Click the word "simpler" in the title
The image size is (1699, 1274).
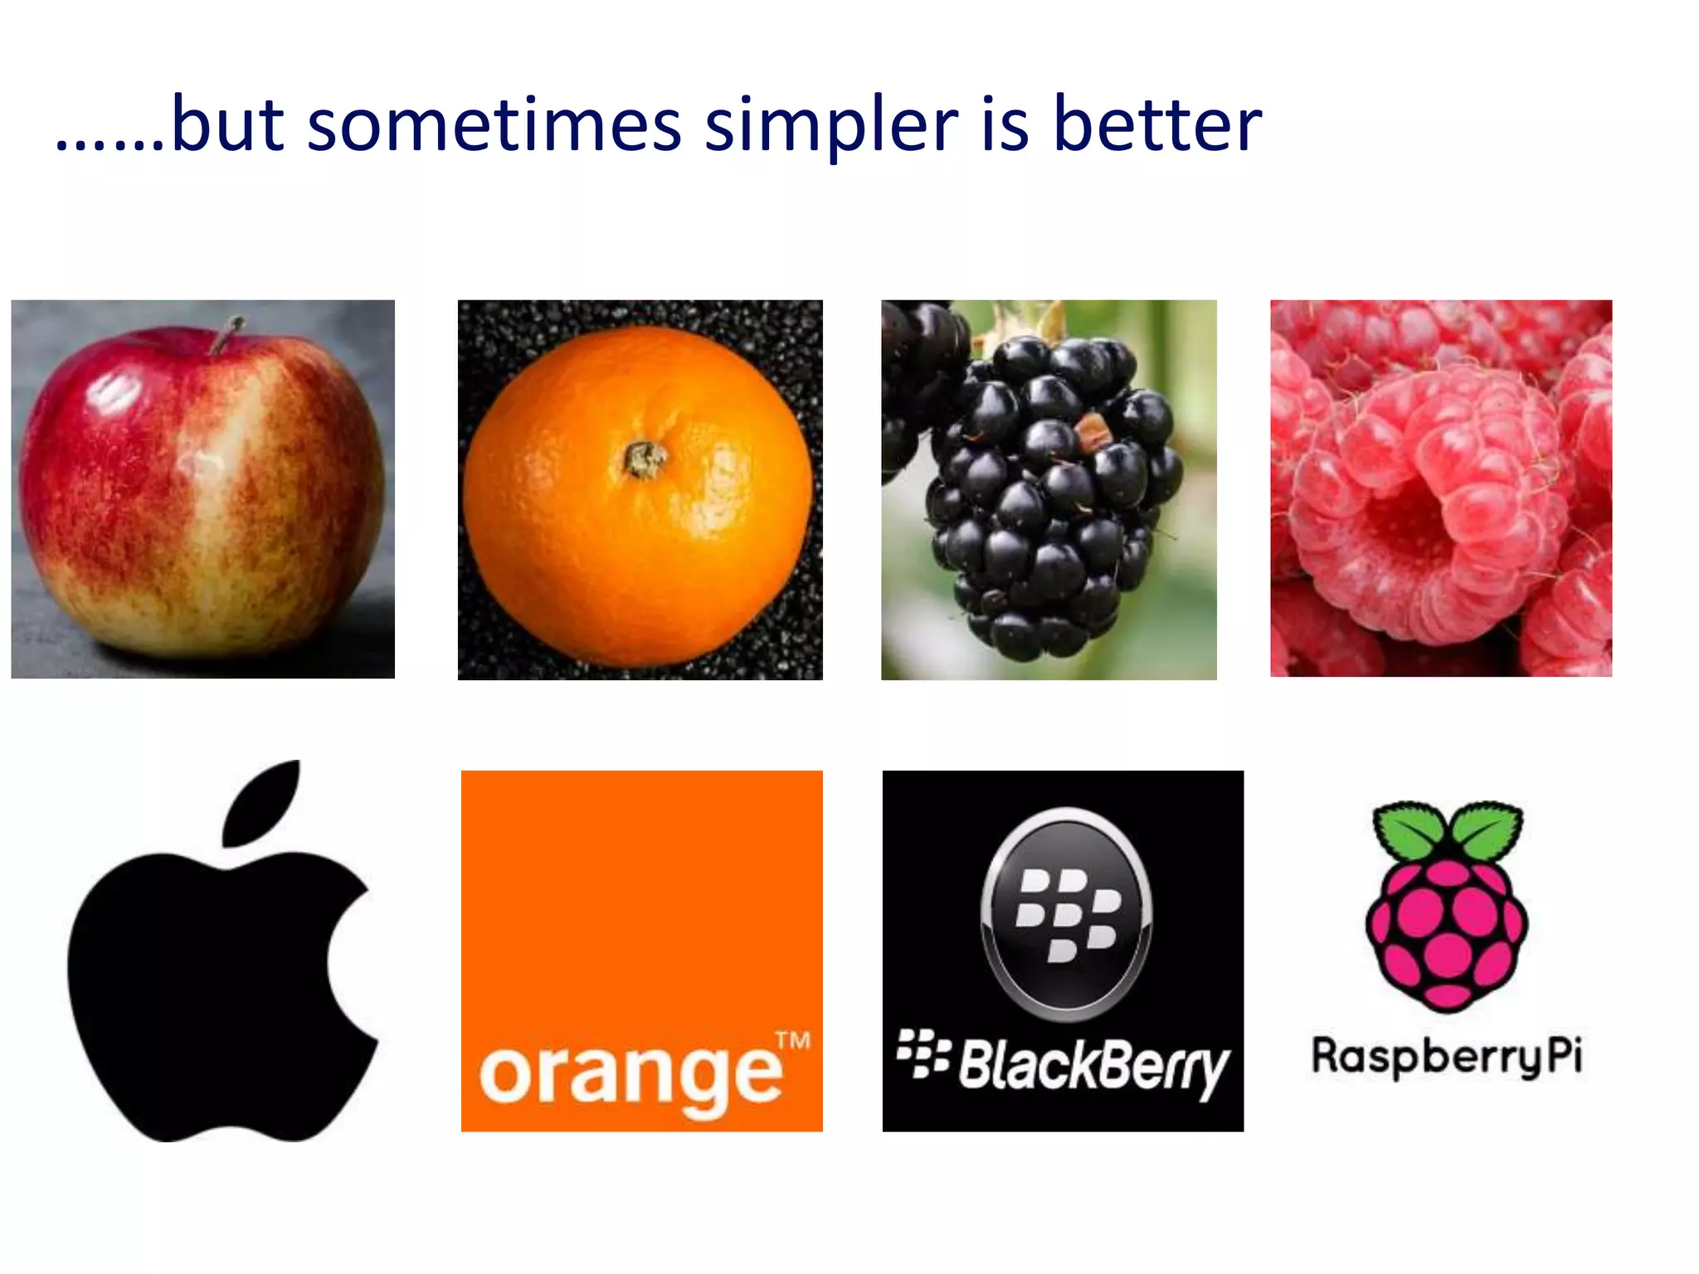coord(831,126)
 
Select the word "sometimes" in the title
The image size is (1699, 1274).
coord(494,126)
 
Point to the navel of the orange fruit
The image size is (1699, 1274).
coord(644,459)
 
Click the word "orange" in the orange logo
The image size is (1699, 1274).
coord(630,1076)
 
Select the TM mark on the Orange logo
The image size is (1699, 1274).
coord(792,1042)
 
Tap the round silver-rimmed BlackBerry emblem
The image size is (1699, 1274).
coord(1066,912)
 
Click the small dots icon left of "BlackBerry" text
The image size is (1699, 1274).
coord(923,1054)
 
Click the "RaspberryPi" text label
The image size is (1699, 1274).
coord(1447,1058)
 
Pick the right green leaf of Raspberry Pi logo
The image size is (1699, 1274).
coord(1487,829)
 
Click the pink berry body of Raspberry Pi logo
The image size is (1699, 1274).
coord(1447,933)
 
